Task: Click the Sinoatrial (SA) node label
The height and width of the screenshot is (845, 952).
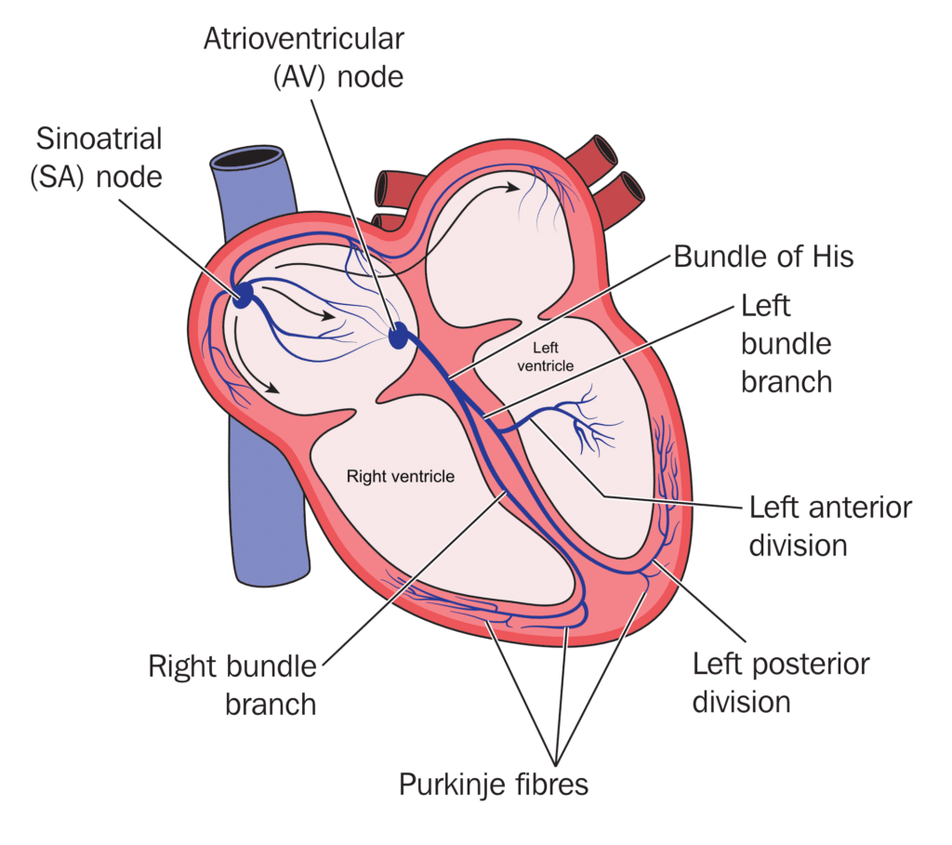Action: click(x=99, y=157)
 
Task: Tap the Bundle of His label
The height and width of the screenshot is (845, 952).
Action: click(x=762, y=257)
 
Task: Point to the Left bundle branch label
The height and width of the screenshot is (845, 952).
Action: click(x=786, y=343)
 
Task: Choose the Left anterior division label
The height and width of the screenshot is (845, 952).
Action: click(x=829, y=525)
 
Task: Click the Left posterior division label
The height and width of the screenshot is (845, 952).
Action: click(x=781, y=681)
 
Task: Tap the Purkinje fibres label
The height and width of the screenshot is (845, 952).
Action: click(x=494, y=784)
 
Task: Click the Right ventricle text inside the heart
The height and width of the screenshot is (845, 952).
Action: click(x=400, y=477)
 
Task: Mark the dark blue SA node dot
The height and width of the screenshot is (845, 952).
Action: click(x=243, y=297)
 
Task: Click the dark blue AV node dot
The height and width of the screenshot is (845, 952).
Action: click(x=399, y=336)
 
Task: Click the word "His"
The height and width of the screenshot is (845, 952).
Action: click(x=830, y=257)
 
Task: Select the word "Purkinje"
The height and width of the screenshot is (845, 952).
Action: click(x=452, y=784)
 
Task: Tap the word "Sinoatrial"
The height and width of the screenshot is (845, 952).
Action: click(x=99, y=139)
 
